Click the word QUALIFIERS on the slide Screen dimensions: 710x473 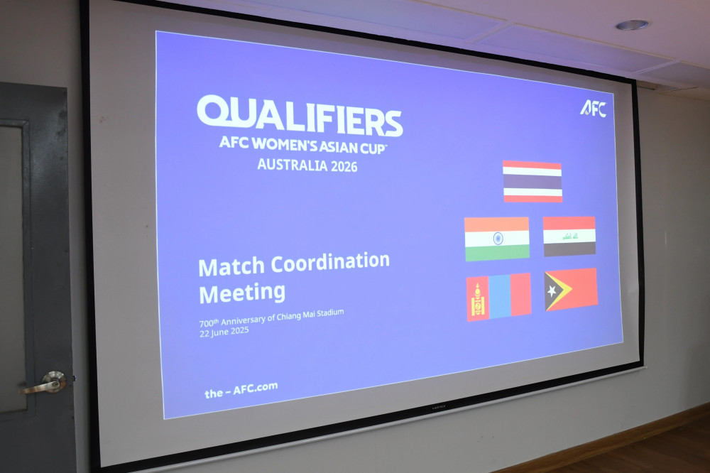click(x=300, y=116)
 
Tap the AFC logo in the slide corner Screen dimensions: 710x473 click(x=593, y=109)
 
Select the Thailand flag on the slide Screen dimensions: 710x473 click(x=532, y=181)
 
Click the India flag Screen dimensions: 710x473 click(x=497, y=239)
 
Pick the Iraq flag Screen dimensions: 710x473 click(x=569, y=236)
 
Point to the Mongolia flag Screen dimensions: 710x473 click(x=498, y=297)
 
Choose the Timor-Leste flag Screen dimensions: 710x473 click(x=571, y=290)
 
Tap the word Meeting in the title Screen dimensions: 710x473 click(x=242, y=293)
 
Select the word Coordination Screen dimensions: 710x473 click(x=330, y=262)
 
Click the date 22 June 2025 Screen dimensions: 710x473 click(x=224, y=332)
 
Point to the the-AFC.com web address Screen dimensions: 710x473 click(x=241, y=390)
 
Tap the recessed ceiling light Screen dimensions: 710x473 click(x=631, y=24)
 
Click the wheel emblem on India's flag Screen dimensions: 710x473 click(x=498, y=239)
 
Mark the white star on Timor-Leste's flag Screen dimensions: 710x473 click(x=552, y=291)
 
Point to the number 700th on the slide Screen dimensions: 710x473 click(x=209, y=323)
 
